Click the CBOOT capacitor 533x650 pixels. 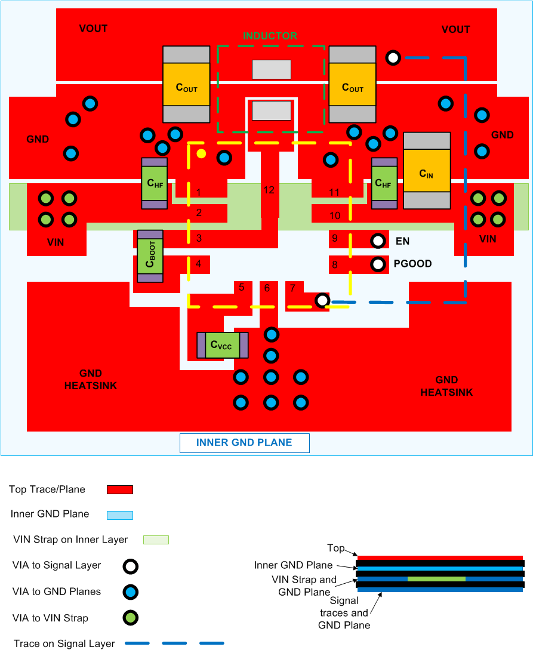coord(150,255)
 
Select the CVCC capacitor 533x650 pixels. coord(222,345)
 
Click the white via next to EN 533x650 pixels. coord(378,241)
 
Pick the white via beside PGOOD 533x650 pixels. coord(378,264)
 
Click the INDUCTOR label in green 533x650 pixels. coord(270,36)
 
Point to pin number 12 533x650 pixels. coord(269,190)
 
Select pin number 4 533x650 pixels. coord(199,263)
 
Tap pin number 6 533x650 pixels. coord(267,288)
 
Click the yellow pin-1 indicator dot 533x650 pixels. coord(202,154)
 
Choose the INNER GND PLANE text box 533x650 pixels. coord(245,443)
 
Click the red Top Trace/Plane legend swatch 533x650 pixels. coord(119,490)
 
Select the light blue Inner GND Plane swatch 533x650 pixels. coord(119,515)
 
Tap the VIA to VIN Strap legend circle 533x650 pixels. coord(131,618)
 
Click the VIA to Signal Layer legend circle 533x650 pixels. coord(131,566)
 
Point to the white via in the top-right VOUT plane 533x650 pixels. coord(393,58)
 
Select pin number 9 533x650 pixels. coord(335,238)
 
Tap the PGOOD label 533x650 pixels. coord(412,264)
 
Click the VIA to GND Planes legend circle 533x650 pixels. coord(131,592)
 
